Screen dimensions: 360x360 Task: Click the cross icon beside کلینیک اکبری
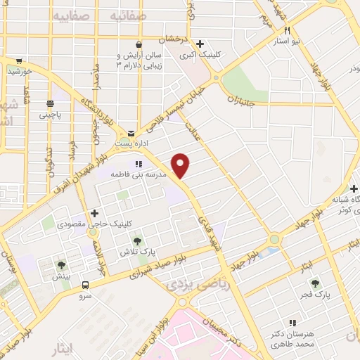(x=200, y=43)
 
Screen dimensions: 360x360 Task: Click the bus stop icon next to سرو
(x=85, y=285)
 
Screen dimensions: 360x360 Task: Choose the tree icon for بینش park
(x=61, y=266)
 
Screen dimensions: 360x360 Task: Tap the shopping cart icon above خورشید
(x=18, y=60)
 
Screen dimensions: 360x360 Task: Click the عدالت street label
(x=193, y=131)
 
